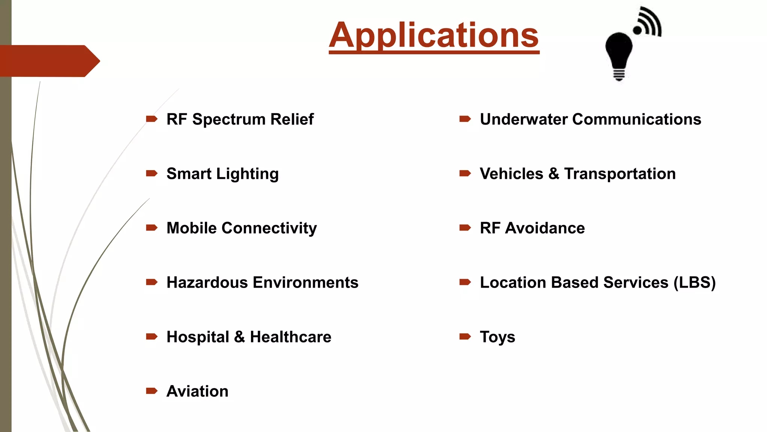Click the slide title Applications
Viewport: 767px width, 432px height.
(x=434, y=35)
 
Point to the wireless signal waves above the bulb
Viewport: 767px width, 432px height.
(x=649, y=22)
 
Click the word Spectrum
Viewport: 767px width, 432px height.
(x=229, y=120)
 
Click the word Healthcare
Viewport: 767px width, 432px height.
(x=290, y=337)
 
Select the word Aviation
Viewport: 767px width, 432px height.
(x=197, y=391)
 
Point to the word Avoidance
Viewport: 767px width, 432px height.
(x=545, y=228)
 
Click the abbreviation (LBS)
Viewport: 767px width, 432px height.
(x=695, y=282)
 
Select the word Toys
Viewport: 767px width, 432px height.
(x=497, y=337)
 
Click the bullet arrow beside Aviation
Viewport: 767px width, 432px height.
(x=152, y=391)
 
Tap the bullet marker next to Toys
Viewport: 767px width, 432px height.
(x=465, y=336)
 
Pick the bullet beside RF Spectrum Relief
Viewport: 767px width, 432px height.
(x=152, y=119)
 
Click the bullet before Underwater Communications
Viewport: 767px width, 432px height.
(x=465, y=119)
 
